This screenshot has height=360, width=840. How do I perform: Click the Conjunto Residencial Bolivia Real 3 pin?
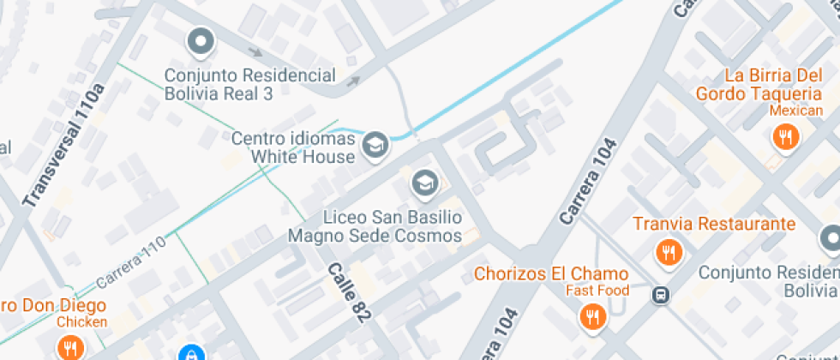[201, 41]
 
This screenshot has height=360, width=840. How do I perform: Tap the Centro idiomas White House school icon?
[375, 146]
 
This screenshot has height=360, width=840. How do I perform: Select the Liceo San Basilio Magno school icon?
[423, 182]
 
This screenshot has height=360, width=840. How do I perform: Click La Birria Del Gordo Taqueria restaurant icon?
[784, 135]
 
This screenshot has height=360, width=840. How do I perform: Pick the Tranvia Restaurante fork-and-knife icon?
[669, 252]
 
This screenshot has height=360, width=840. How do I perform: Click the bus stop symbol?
[661, 295]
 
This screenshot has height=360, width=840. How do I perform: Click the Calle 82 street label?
[350, 292]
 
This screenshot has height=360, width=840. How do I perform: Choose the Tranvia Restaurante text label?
[714, 225]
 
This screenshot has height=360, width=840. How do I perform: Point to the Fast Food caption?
[597, 291]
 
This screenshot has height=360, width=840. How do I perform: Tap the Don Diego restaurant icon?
[70, 347]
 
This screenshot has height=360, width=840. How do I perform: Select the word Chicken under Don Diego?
[81, 322]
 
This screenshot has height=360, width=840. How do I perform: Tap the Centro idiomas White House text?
[293, 147]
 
